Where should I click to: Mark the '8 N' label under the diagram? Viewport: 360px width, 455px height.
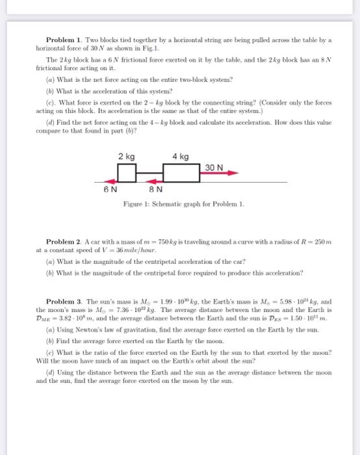[155, 190]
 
